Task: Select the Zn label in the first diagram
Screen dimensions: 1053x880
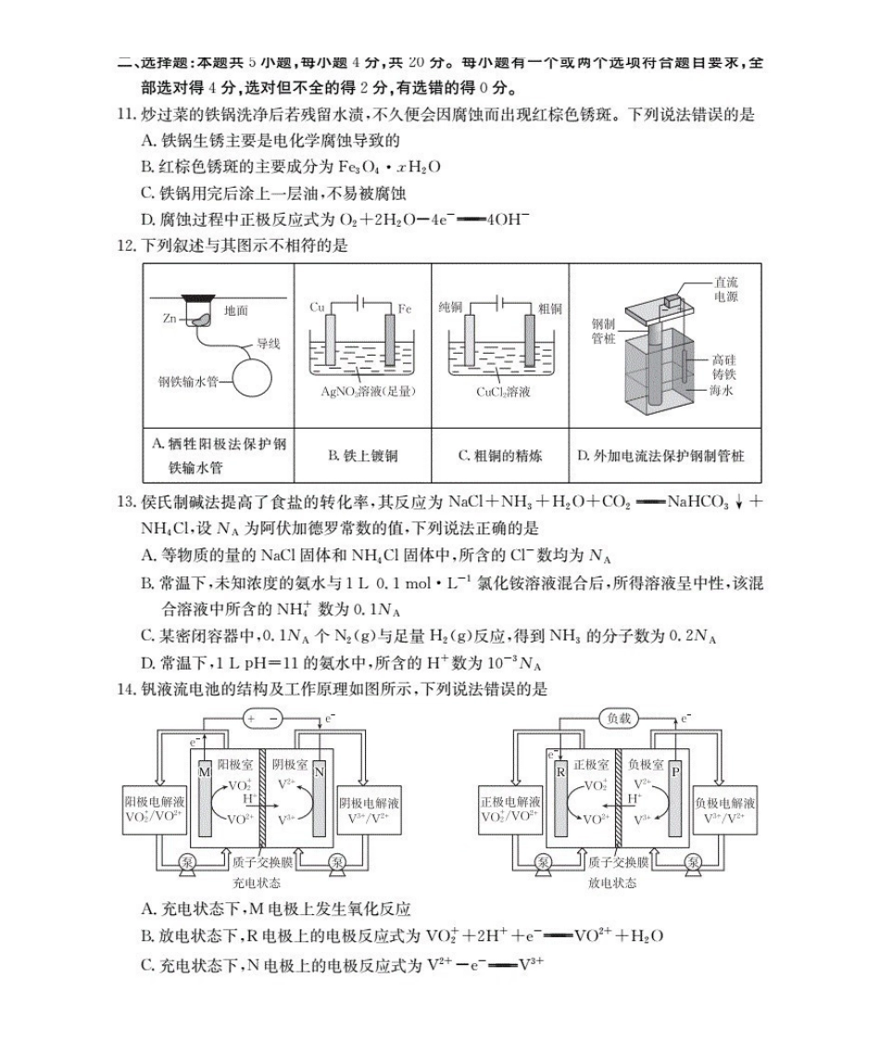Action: click(x=170, y=318)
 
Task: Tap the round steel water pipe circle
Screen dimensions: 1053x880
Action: click(x=252, y=378)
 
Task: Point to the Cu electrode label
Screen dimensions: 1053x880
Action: click(x=316, y=307)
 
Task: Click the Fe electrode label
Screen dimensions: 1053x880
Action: click(x=404, y=307)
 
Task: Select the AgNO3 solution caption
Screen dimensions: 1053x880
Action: click(x=363, y=392)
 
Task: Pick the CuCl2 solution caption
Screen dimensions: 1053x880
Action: click(x=503, y=392)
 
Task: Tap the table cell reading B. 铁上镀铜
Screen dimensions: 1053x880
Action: click(x=363, y=456)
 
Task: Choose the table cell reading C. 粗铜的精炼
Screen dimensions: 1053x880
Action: click(x=500, y=456)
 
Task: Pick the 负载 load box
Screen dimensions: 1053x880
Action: click(x=617, y=718)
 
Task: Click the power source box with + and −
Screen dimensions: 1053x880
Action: click(x=261, y=718)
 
